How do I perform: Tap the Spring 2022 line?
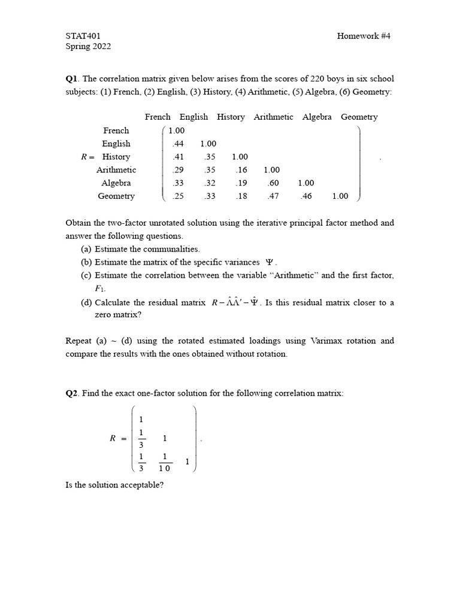88,47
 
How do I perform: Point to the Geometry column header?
359,117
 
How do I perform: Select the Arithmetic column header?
273,117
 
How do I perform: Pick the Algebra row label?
116,183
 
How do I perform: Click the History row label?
116,157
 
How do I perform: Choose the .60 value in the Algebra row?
273,183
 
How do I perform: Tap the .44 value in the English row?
177,144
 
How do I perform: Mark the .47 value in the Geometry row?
273,196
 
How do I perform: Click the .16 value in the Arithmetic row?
241,170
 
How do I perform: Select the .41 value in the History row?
177,157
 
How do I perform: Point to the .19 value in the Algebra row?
241,183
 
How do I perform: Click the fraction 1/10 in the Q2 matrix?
165,462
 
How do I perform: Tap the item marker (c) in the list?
86,275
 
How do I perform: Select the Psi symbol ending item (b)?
269,262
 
